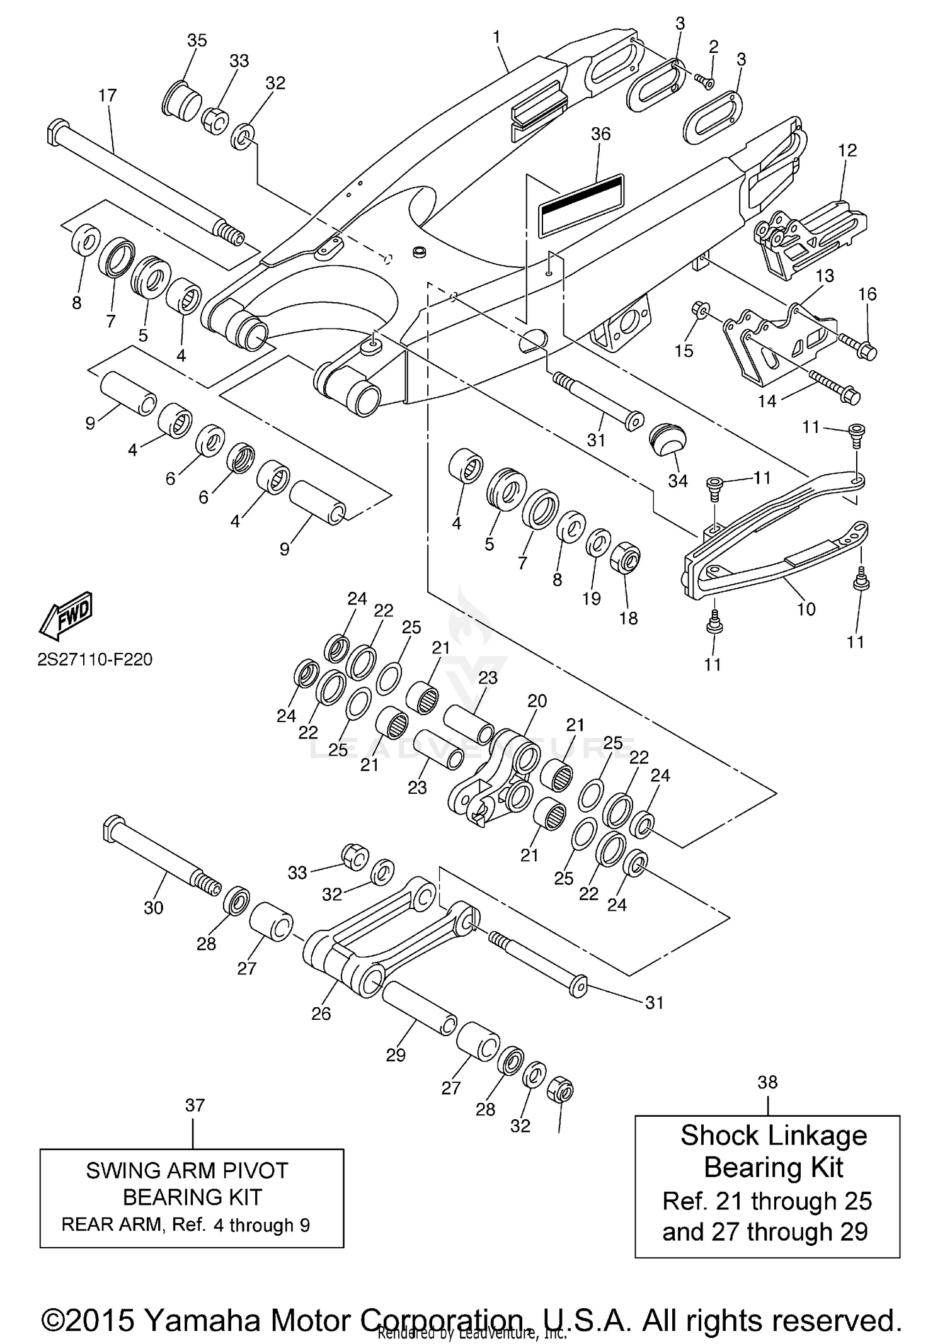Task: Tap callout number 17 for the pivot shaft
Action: (x=108, y=96)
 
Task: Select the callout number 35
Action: (x=197, y=40)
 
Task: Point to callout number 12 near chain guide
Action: (x=847, y=150)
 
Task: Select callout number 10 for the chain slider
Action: (x=806, y=609)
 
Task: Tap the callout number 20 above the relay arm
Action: (x=537, y=701)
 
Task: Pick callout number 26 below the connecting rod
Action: (x=321, y=1013)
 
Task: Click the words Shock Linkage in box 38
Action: (x=773, y=1136)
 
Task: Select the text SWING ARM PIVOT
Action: (x=187, y=1171)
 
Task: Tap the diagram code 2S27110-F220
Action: (x=94, y=660)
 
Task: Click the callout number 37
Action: (x=195, y=1105)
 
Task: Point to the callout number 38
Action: (x=767, y=1082)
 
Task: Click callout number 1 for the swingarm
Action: (x=496, y=37)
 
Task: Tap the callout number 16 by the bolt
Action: (x=867, y=294)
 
